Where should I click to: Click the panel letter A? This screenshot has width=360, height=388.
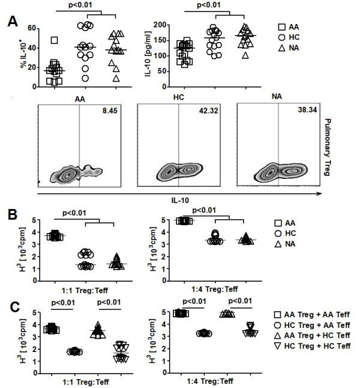11,22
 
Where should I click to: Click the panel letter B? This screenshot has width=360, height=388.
11,214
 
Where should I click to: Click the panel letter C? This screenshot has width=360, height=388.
11,307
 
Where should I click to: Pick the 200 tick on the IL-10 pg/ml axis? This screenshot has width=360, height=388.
157,25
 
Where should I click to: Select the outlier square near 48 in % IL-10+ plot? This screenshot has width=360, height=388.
55,40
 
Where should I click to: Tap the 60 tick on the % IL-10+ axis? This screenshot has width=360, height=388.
26,28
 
